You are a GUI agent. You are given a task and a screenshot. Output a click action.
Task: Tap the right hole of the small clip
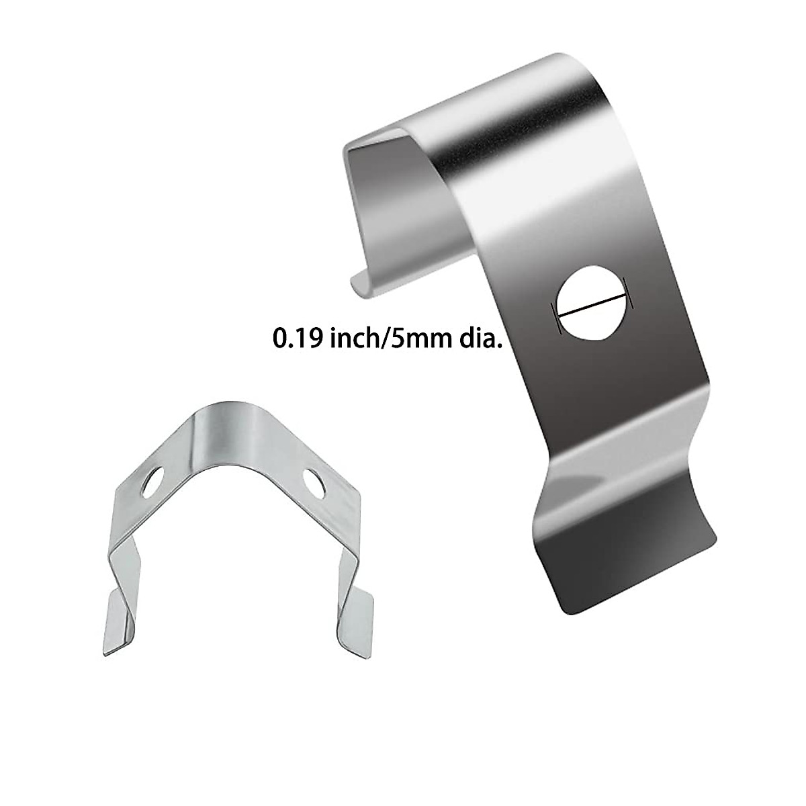(314, 484)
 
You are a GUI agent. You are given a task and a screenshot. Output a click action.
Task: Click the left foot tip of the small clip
(105, 652)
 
